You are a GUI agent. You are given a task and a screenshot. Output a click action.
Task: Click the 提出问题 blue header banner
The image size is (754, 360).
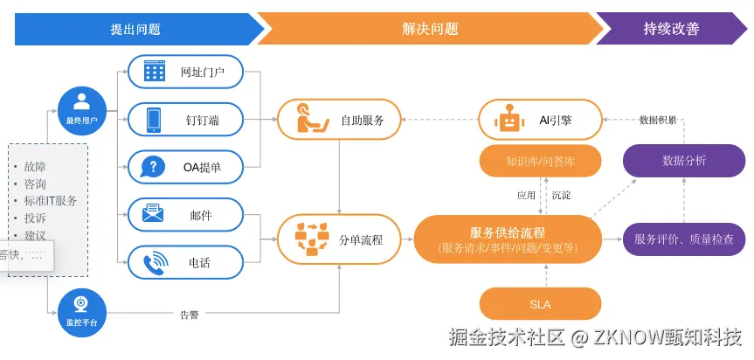point(135,29)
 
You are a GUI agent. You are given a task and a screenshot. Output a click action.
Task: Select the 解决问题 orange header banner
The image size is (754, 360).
point(428,29)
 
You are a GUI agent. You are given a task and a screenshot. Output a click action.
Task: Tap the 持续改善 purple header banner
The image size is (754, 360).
point(671,29)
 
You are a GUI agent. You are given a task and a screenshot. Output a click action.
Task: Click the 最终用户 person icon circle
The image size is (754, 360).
point(82,106)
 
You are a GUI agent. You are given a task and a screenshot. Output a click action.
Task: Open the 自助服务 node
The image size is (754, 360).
point(340,120)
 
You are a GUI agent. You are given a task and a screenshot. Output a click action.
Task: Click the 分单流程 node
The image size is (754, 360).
point(340,239)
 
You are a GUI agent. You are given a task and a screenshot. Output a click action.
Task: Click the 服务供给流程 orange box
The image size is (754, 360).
point(508,239)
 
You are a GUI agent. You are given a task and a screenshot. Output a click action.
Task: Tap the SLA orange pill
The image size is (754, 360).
point(541,304)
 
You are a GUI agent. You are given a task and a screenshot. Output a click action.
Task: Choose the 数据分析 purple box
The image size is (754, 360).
point(684,161)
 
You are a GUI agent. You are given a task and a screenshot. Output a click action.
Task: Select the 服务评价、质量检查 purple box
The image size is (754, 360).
point(684,239)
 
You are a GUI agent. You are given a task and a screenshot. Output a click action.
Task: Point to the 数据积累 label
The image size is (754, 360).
point(657,120)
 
